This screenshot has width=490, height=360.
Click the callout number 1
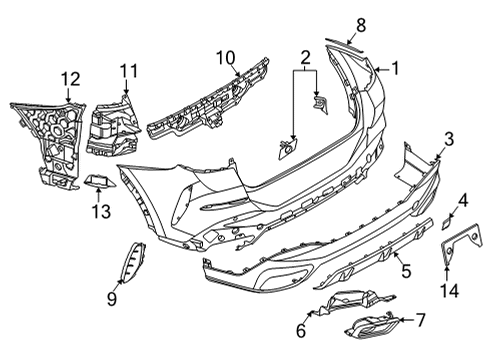[395, 70]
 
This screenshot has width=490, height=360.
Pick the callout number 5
[405, 270]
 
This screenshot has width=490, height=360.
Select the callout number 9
[112, 298]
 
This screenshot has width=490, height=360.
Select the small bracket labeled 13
[98, 181]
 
